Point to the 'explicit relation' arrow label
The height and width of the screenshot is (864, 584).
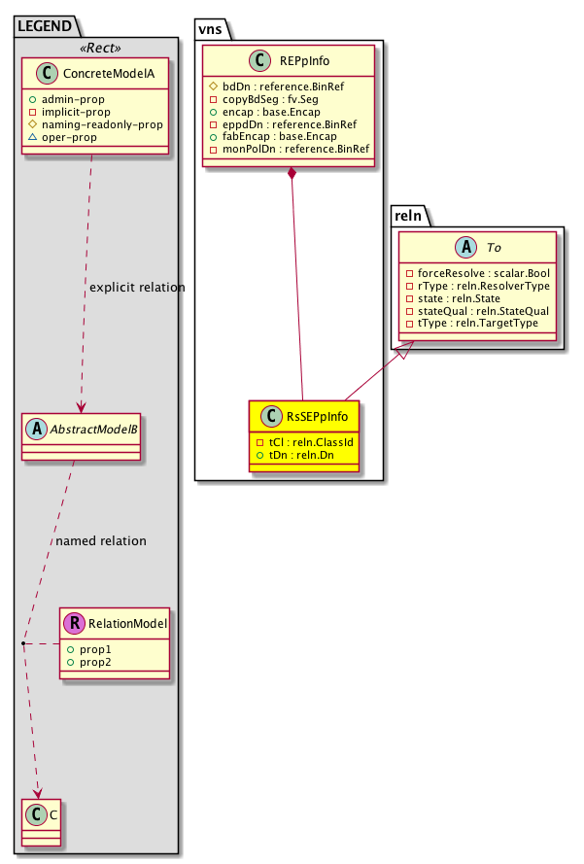137,288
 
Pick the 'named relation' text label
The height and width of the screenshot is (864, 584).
101,541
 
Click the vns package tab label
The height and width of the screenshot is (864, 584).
212,27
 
